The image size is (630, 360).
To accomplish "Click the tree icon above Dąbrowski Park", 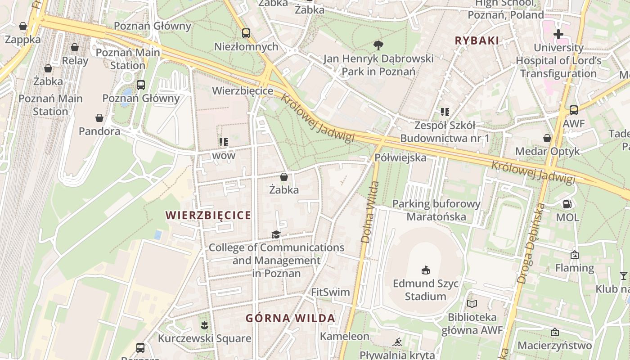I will coord(378,45).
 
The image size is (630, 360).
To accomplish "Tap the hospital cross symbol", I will coord(558,34).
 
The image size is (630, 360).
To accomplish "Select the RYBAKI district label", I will coord(477,40).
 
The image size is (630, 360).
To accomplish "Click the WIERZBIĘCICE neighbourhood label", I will coord(208,215).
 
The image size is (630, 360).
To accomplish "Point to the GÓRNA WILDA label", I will coord(290,318).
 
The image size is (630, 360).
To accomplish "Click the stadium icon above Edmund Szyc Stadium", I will coord(425,270).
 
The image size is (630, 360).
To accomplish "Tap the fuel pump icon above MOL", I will coord(567,204).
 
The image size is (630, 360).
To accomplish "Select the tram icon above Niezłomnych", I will coord(246,33).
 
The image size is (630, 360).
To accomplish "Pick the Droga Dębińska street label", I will coord(531,243).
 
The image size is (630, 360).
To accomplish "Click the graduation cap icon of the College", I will coord(276,234).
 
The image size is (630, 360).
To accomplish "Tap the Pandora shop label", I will coord(99,131).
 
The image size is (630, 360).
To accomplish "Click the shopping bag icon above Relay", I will coord(75,47).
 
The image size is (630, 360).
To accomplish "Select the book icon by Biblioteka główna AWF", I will coord(472,304).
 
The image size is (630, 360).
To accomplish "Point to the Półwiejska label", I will coord(400,157).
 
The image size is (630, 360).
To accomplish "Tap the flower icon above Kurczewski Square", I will coord(204,324).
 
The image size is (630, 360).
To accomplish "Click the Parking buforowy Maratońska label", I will coord(436,210).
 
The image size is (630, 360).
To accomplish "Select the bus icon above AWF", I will coord(573,110).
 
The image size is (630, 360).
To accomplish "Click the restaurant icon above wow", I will coord(224,143).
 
